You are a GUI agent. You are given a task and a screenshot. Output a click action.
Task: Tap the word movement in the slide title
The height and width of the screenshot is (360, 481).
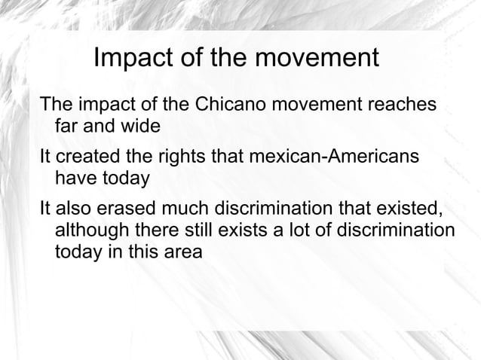314,58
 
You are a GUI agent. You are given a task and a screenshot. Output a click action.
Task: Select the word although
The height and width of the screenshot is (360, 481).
91,230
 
